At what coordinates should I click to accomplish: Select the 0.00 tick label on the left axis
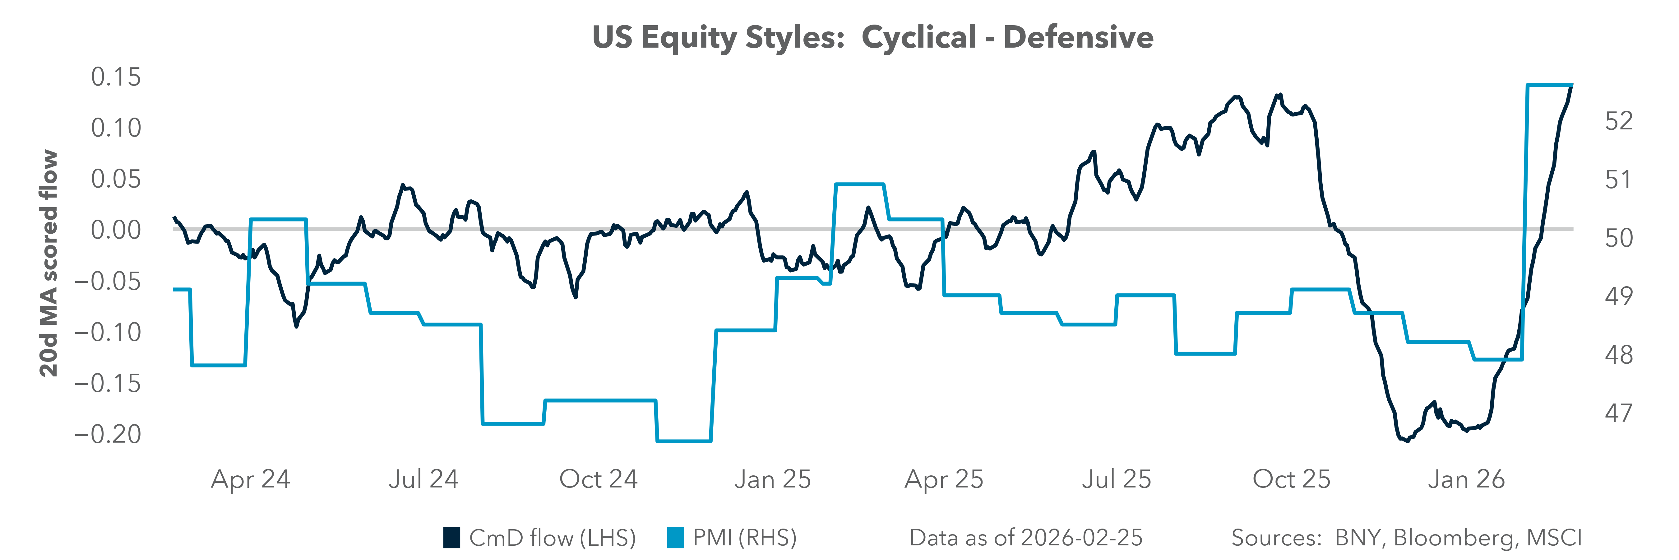pos(116,230)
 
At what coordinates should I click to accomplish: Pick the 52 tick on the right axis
pos(1618,121)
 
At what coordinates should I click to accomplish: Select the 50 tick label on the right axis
pos(1618,238)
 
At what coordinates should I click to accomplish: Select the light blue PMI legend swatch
pos(675,538)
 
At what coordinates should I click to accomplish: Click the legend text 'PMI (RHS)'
pos(744,538)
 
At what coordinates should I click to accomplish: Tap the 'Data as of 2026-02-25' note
pos(1026,538)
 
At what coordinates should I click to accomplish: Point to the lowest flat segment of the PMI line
pos(683,441)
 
